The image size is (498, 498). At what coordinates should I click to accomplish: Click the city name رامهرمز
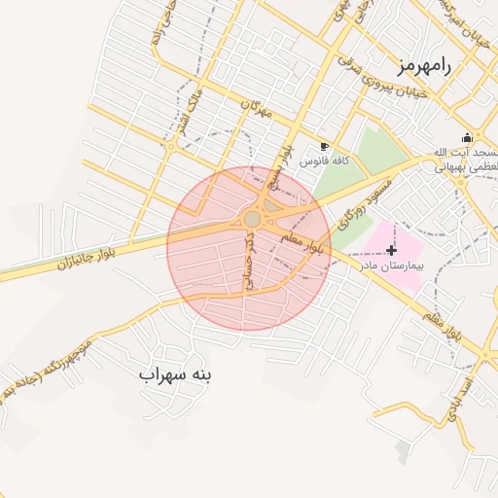tap(425, 65)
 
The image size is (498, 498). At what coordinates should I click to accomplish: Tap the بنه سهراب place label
tap(175, 373)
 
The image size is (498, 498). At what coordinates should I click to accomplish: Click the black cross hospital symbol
tap(392, 251)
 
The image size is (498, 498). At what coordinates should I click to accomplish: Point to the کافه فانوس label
tap(324, 160)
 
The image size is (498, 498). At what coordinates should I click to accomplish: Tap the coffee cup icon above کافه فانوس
tap(324, 145)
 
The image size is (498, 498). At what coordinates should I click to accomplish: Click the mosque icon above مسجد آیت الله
tap(467, 137)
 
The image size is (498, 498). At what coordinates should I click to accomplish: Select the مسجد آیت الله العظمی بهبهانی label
tap(465, 160)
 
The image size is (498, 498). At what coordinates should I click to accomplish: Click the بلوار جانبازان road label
tap(92, 255)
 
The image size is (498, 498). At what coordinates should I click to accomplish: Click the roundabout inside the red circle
tap(253, 220)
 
